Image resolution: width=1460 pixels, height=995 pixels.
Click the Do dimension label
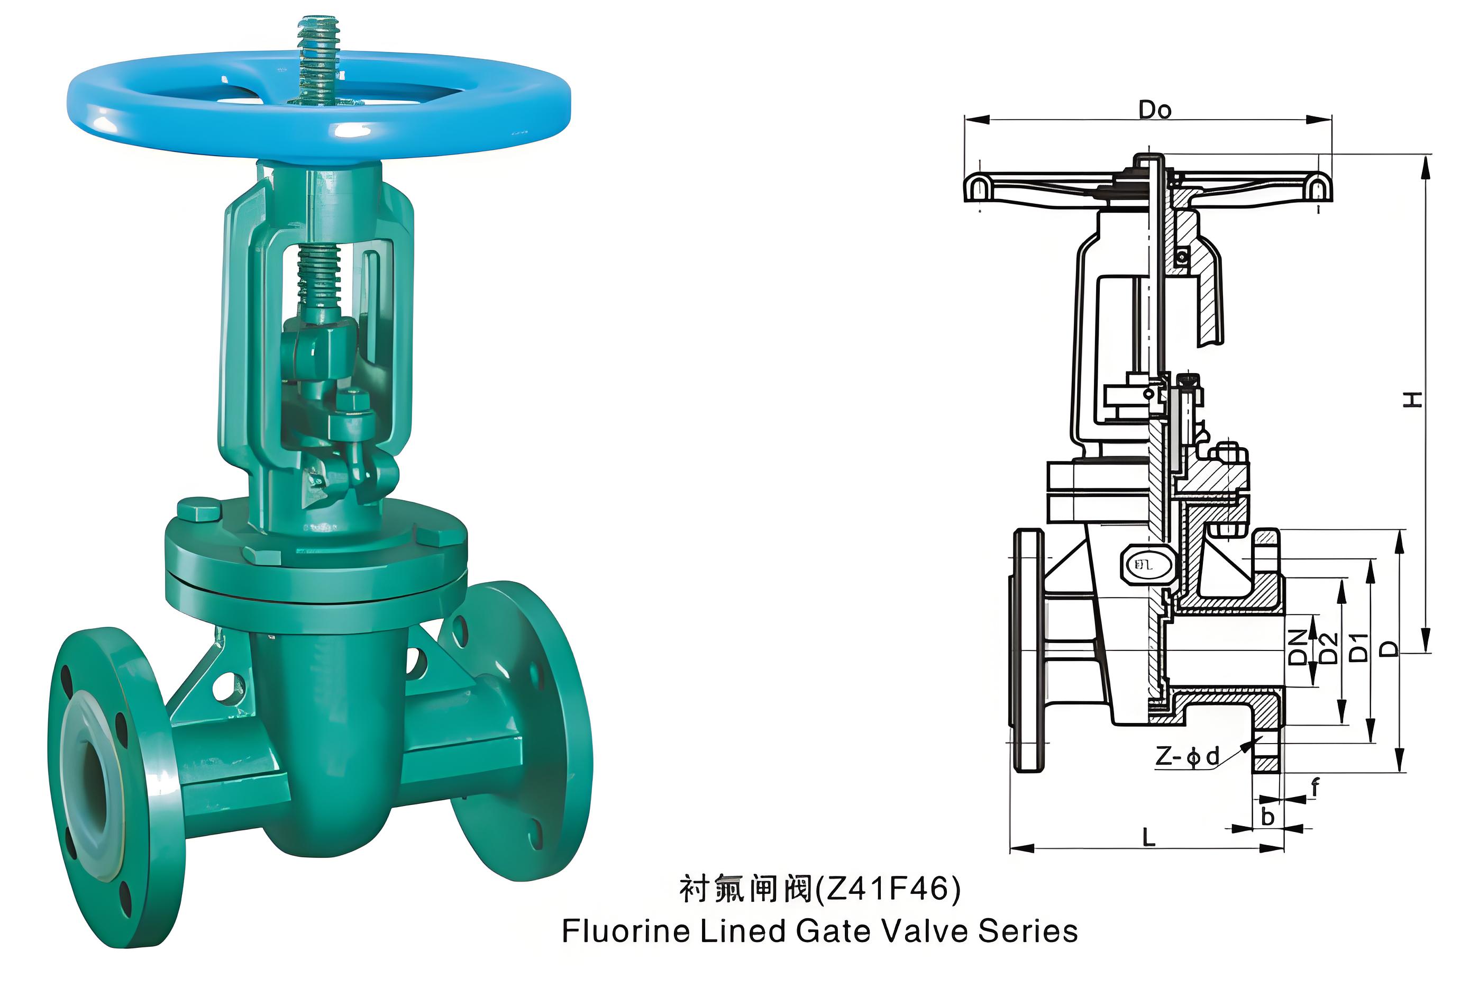click(x=1155, y=110)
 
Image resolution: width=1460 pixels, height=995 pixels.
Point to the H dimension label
click(x=1413, y=399)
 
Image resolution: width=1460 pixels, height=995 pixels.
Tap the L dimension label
click(x=1149, y=837)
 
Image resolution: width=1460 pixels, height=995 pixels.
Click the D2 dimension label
click(x=1328, y=647)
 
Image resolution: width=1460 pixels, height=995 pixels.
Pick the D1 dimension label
click(x=1358, y=647)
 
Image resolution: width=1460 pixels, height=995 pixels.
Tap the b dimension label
click(x=1268, y=816)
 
